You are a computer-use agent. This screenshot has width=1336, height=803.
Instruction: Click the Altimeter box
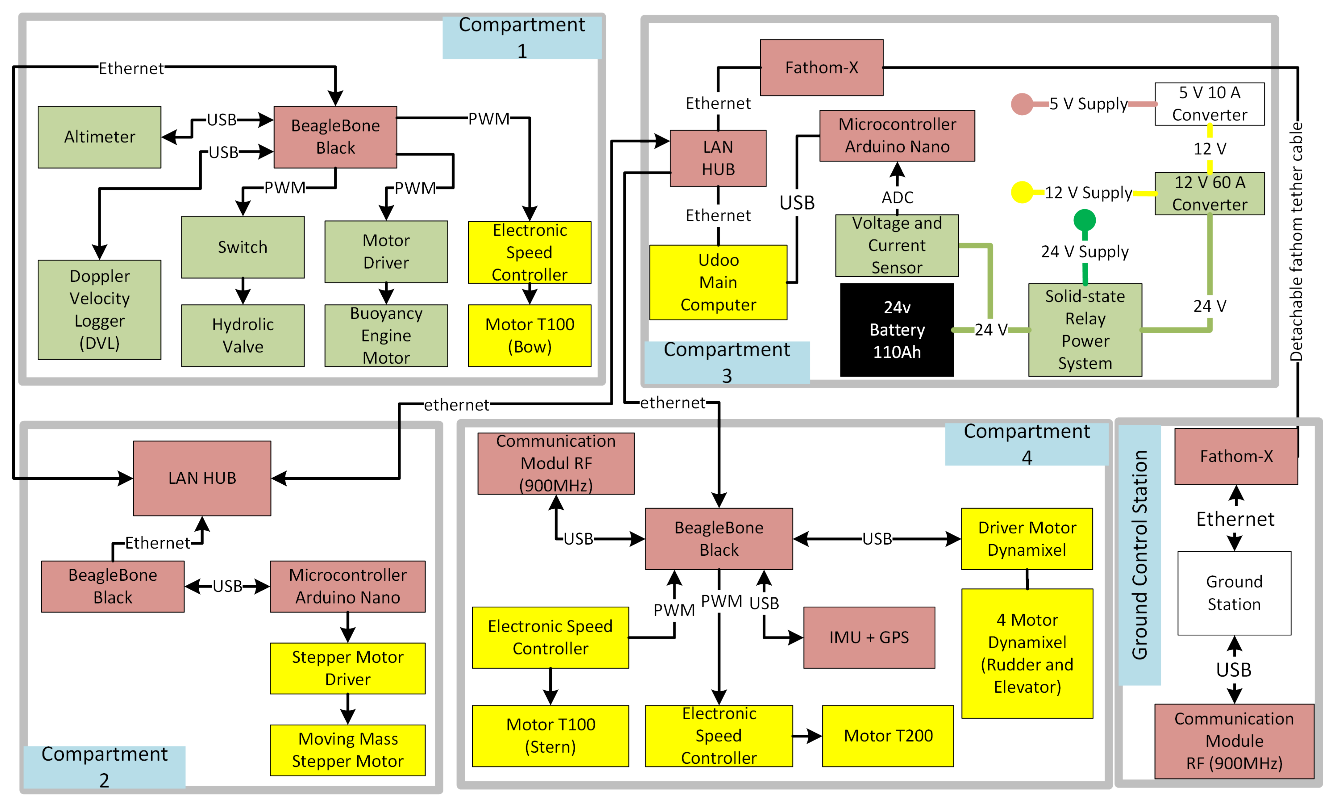[x=99, y=137]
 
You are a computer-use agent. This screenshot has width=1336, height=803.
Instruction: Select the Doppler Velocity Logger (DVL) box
[x=99, y=310]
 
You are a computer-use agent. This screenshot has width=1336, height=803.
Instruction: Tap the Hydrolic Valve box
[x=243, y=336]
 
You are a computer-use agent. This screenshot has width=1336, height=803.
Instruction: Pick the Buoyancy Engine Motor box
[x=386, y=336]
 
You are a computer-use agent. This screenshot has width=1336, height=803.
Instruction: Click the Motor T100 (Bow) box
[x=530, y=336]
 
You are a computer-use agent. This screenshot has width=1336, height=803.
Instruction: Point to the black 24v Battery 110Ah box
[x=897, y=329]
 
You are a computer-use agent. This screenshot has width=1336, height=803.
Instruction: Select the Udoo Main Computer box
[x=718, y=282]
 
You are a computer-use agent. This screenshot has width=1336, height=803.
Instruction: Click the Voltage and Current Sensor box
[x=897, y=245]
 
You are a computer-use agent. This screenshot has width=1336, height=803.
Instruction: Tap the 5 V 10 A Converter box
[x=1209, y=104]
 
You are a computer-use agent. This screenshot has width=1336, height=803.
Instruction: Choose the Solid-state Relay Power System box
[x=1085, y=329]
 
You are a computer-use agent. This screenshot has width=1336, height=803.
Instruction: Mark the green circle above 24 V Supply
[x=1085, y=220]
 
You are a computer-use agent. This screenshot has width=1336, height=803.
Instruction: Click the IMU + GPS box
[x=869, y=638]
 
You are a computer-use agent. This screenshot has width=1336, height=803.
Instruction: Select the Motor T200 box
[x=888, y=736]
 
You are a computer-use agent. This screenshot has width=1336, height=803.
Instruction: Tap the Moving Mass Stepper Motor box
[x=348, y=750]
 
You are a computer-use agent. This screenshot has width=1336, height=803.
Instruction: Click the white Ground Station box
[x=1234, y=593]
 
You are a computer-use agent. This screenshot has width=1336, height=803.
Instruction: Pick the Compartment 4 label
[x=1027, y=444]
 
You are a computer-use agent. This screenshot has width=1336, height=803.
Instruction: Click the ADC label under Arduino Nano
[x=898, y=198]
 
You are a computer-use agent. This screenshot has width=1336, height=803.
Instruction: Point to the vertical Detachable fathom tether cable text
[x=1297, y=241]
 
